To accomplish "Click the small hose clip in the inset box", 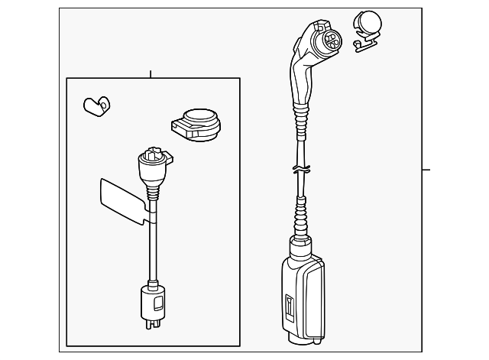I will click(x=97, y=105).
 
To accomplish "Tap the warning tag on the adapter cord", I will click(x=121, y=201).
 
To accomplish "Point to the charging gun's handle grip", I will click(x=300, y=80).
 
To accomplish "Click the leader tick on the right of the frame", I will click(x=426, y=170).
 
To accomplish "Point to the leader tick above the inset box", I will click(x=151, y=74).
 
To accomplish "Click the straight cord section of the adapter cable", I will click(x=153, y=245).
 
